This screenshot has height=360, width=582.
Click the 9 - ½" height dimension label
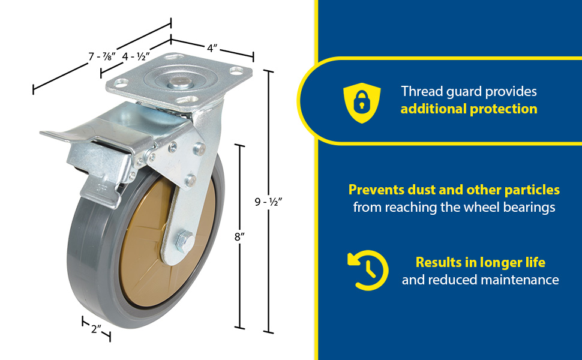tap(268, 202)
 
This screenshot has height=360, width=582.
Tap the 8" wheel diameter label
tap(240, 236)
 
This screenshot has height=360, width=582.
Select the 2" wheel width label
tap(97, 328)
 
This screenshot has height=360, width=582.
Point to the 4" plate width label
tap(212, 48)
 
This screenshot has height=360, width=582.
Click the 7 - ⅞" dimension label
tap(102, 56)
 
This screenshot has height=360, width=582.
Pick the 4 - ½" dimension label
tap(136, 56)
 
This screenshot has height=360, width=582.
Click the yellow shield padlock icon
tap(362, 103)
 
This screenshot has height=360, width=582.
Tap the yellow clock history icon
tap(368, 270)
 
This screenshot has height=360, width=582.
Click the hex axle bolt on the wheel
tap(184, 241)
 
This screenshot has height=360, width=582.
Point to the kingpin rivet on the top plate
tap(180, 83)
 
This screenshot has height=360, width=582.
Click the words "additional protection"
tap(469, 109)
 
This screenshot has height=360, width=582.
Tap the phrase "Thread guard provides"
tap(469, 91)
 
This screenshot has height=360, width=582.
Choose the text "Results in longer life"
tap(480, 262)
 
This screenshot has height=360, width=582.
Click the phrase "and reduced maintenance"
tap(480, 280)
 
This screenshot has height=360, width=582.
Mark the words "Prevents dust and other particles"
tap(454, 190)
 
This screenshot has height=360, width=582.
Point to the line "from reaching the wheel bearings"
tap(454, 207)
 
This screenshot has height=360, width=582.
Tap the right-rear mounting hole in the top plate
tap(236, 70)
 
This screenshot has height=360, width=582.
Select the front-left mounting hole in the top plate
tap(121, 83)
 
